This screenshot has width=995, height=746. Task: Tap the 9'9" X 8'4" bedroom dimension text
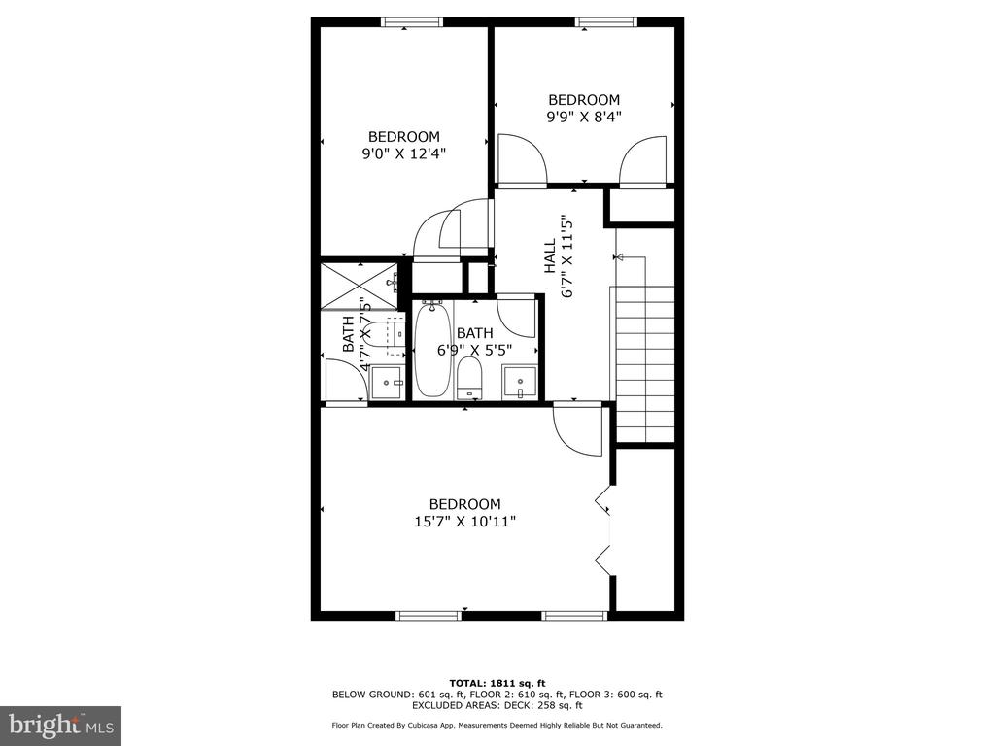point(584,117)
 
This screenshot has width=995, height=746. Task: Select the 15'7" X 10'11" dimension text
point(465,522)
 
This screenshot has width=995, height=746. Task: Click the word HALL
point(550,256)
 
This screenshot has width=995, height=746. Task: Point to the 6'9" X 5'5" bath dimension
point(474,350)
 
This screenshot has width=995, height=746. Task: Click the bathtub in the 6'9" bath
point(432,349)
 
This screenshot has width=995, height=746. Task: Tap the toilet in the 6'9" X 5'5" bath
point(469,378)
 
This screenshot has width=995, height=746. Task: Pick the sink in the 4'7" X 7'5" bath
point(387,383)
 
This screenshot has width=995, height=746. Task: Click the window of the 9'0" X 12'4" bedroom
point(412,22)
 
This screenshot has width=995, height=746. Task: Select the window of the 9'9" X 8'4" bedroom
point(606,22)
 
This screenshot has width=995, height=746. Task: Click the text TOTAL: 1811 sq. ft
point(497,683)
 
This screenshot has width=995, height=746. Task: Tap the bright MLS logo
point(61,726)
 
